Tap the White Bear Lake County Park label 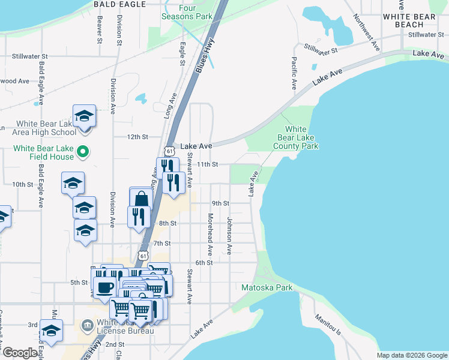coord(295,137)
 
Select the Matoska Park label coord(267,288)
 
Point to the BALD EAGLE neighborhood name coord(120,4)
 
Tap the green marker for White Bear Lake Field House coord(84,152)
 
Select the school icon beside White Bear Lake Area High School coord(84,116)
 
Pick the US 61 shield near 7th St coord(142,256)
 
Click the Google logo coord(20,353)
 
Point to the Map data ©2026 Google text coord(411,355)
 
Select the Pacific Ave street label coord(294,73)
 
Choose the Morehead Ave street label coord(210,235)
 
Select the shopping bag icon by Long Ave coord(140,199)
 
